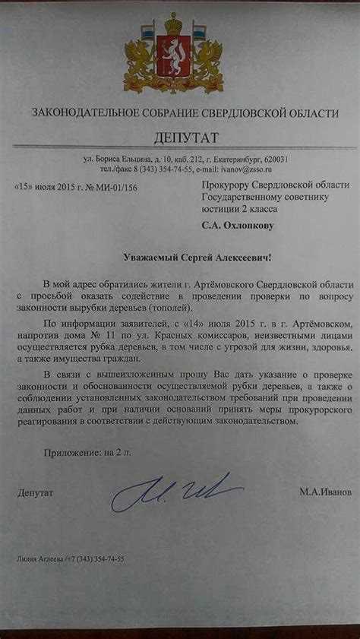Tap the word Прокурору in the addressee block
pyautogui.click(x=229, y=185)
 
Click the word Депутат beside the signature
pyautogui.click(x=35, y=492)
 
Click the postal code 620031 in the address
pyautogui.click(x=276, y=159)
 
